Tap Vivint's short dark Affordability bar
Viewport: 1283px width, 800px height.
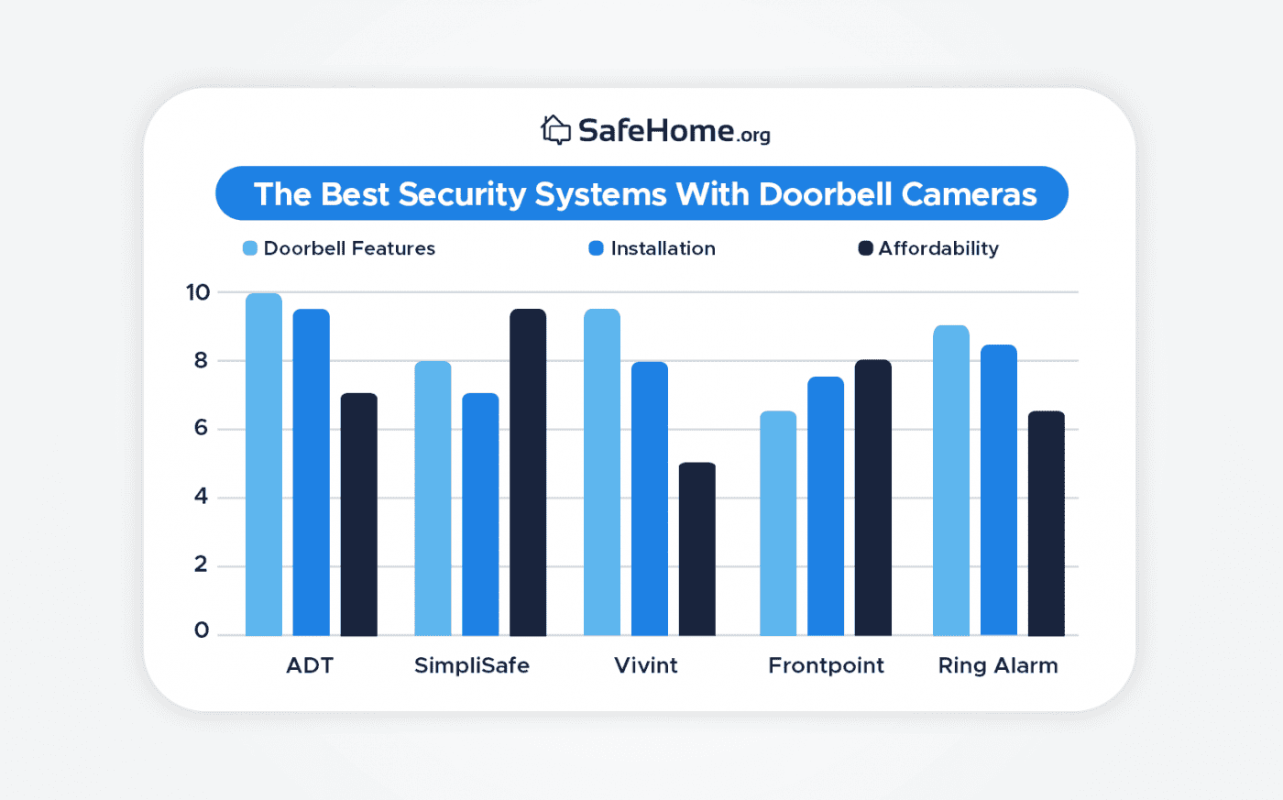(x=697, y=549)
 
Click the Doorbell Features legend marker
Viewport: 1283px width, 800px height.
(x=250, y=248)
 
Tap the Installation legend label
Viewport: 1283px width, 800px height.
(x=663, y=248)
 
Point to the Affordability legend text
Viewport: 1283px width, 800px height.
(x=938, y=248)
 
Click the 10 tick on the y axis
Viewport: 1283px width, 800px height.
(x=198, y=292)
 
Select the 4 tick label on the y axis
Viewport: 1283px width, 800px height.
(x=201, y=497)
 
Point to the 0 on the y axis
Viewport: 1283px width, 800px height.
(x=201, y=630)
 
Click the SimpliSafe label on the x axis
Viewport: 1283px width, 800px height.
(x=472, y=665)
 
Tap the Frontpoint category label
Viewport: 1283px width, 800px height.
(x=826, y=665)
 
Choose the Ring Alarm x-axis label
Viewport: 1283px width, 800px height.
(x=998, y=665)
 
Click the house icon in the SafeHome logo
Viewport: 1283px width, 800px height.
(x=555, y=130)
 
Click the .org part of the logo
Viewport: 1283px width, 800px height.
(x=753, y=136)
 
